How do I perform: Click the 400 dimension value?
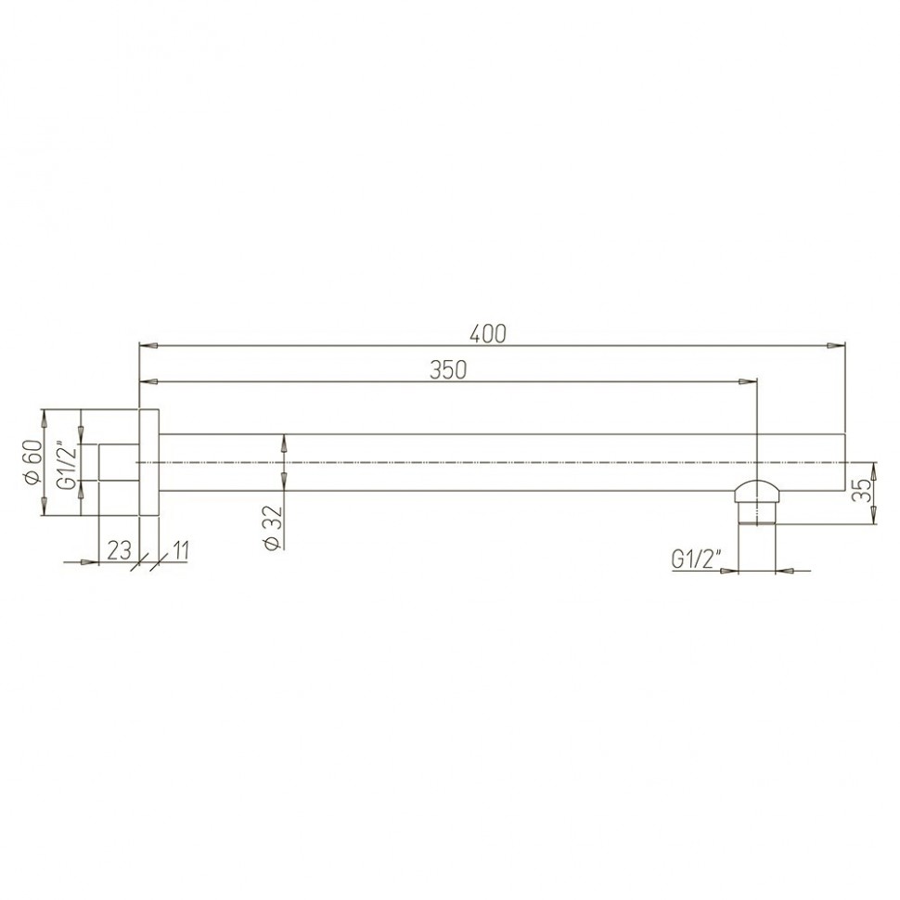click(488, 334)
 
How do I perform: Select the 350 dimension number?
click(448, 370)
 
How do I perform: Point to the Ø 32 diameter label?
click(273, 528)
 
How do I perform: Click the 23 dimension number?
click(120, 550)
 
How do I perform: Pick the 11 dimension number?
click(180, 550)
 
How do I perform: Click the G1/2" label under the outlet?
click(696, 559)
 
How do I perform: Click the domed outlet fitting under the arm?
click(758, 502)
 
